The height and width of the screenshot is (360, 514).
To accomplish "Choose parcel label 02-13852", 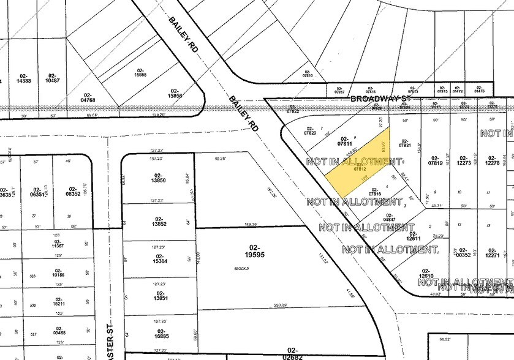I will point(158,221).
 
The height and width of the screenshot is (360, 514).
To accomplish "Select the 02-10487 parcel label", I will point(53,78).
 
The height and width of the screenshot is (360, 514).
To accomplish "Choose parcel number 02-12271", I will point(491,251).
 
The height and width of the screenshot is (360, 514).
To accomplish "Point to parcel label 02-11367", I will point(59,243).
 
